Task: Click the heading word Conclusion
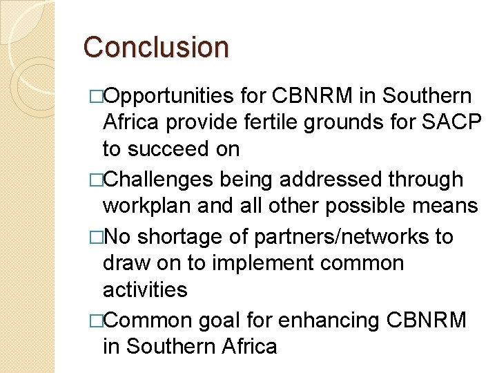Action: [x=155, y=47]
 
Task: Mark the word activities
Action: [x=145, y=289]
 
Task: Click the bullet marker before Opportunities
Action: [x=95, y=97]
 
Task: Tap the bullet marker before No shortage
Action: [x=95, y=237]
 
